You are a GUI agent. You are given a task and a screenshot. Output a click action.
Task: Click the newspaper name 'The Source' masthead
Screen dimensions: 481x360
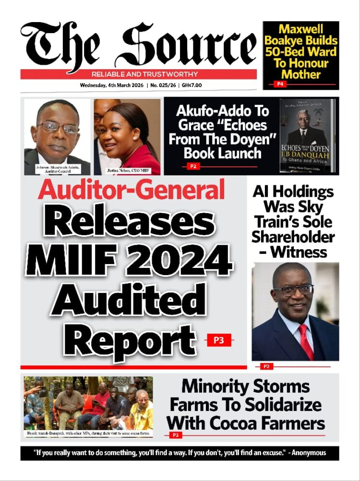pos(138,46)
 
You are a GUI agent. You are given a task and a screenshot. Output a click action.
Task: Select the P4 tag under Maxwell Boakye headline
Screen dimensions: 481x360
pos(279,84)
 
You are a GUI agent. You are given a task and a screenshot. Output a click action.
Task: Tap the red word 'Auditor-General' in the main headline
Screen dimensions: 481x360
pos(131,189)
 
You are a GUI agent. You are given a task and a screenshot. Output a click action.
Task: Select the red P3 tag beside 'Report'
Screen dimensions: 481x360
pos(218,340)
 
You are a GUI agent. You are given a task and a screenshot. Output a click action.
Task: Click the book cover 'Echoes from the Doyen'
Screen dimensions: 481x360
pos(307,136)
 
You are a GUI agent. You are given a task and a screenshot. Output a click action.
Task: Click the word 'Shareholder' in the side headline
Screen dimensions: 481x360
pos(293,237)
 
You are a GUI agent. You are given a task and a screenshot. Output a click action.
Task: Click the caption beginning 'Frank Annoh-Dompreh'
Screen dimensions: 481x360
pos(88,433)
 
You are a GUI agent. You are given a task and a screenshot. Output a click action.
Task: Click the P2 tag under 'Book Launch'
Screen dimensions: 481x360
pos(191,166)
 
